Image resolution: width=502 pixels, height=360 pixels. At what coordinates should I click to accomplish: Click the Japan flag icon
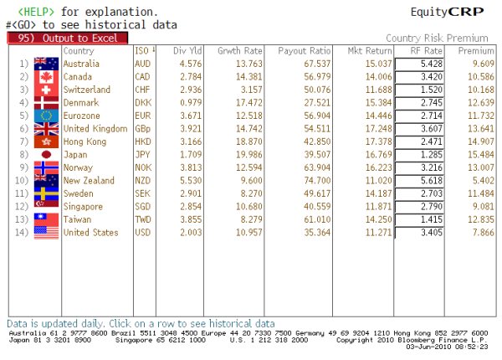(x=45, y=155)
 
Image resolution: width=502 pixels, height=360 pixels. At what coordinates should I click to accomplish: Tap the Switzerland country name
(x=87, y=90)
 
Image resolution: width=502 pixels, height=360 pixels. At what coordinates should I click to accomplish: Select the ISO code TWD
(x=142, y=219)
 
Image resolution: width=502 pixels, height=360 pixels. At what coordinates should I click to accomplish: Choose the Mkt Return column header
(x=365, y=51)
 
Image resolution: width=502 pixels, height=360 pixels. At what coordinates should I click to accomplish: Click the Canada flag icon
(x=45, y=77)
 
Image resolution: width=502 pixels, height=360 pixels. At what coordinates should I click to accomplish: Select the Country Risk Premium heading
(x=437, y=39)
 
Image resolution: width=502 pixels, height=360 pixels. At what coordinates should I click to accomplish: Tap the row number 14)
(x=23, y=233)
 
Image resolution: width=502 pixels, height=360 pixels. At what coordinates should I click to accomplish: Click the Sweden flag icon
(x=45, y=193)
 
